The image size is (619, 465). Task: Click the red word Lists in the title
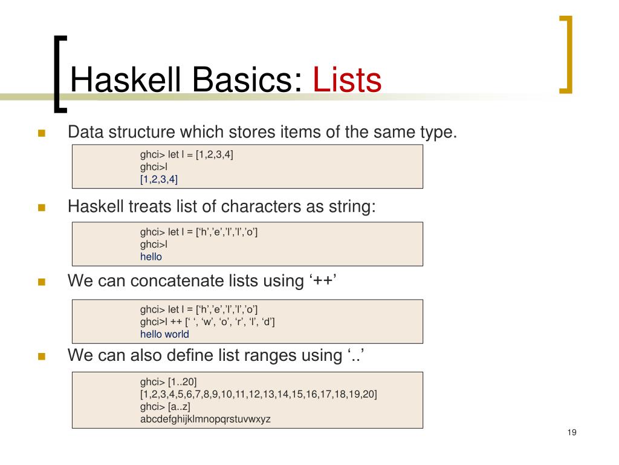point(347,81)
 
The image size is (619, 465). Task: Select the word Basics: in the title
point(234,81)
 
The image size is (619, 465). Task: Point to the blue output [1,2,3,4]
point(159,179)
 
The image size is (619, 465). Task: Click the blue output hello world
point(164,334)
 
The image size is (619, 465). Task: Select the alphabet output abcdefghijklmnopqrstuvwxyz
point(206,419)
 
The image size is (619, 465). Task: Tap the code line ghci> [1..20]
point(169,381)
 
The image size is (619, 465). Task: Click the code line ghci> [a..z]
point(166,406)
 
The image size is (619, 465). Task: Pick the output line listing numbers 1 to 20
point(259,394)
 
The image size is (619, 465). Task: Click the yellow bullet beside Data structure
point(42,133)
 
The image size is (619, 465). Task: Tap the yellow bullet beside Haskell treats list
point(42,208)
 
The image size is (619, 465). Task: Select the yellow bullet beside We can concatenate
point(42,282)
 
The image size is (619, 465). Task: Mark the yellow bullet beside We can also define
point(42,356)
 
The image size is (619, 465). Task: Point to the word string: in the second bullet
point(351,207)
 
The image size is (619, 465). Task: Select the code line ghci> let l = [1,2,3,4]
point(187,154)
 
